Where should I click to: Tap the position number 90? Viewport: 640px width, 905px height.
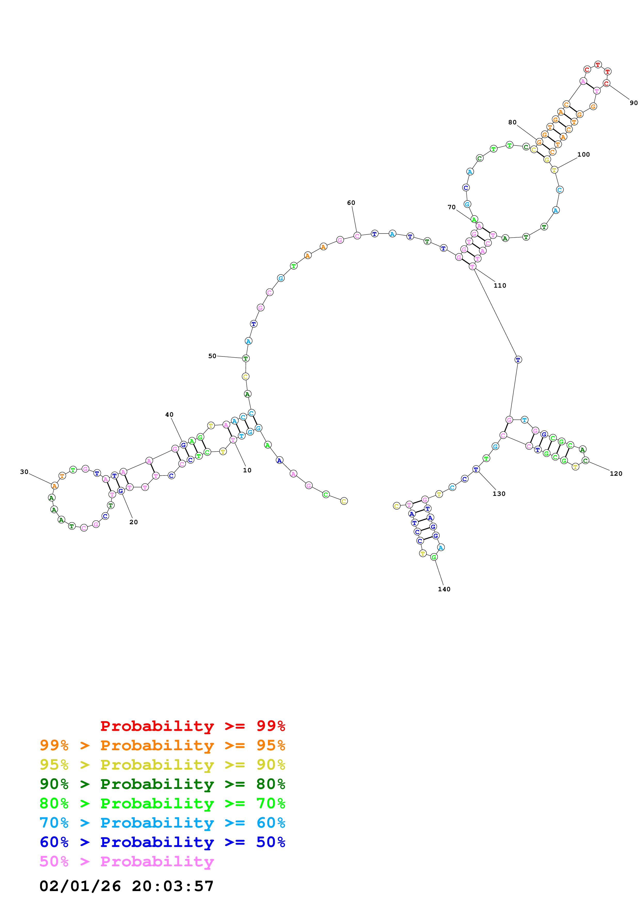click(633, 103)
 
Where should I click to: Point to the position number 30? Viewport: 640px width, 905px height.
click(24, 472)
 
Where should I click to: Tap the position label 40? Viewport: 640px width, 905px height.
click(169, 415)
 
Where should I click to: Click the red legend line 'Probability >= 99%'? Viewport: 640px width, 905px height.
click(192, 726)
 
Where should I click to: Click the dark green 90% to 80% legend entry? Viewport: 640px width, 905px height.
click(162, 784)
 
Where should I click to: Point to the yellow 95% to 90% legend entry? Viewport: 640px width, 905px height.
click(162, 765)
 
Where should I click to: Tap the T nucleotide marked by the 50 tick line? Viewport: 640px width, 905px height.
click(246, 358)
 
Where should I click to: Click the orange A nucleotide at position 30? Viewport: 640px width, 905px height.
click(54, 486)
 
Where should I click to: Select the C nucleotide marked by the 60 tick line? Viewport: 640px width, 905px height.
click(357, 236)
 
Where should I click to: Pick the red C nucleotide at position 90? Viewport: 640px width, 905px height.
click(606, 83)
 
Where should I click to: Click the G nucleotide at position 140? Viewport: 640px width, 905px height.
click(434, 557)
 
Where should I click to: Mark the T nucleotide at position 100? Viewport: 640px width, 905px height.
click(554, 170)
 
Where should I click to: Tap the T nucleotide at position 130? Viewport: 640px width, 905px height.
click(476, 469)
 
